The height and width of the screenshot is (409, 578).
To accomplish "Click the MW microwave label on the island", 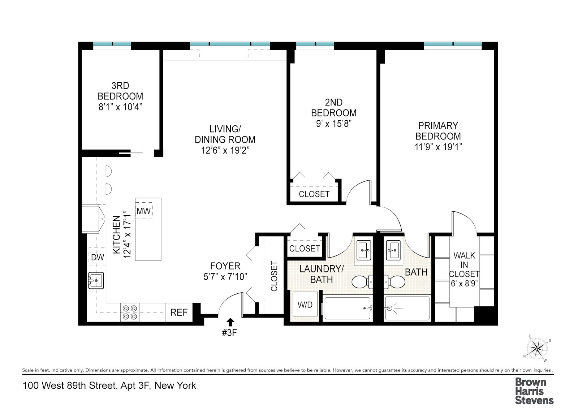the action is pos(143,211).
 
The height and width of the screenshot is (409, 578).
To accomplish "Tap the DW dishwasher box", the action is pos(98,257).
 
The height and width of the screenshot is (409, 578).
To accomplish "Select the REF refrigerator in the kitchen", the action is pos(179,312).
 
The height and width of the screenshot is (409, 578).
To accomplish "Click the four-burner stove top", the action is pos(130,312).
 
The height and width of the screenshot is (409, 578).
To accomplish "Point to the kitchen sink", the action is pos(96,280).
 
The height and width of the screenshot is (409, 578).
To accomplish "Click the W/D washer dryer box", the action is pos(305,305).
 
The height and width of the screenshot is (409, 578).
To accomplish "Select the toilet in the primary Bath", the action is pos(394,282).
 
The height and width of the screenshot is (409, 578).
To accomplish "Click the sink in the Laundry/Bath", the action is pos(364,250).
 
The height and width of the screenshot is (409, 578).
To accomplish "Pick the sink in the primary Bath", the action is pos(393,250).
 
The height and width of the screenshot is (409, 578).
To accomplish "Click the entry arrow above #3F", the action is pos(230,322).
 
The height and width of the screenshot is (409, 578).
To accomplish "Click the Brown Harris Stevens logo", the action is pos(534,391).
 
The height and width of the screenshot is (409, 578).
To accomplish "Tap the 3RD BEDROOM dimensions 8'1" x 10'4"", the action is pos(120,107).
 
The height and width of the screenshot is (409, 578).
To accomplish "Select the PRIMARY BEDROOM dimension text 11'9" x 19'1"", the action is pos(438,147).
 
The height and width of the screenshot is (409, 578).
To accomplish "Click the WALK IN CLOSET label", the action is pos(464,264).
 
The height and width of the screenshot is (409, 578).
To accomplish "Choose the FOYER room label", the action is pos(225,266).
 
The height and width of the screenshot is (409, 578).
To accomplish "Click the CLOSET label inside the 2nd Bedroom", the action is pos(314,194).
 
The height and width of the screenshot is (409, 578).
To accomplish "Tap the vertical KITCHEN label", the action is pos(116,234).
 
